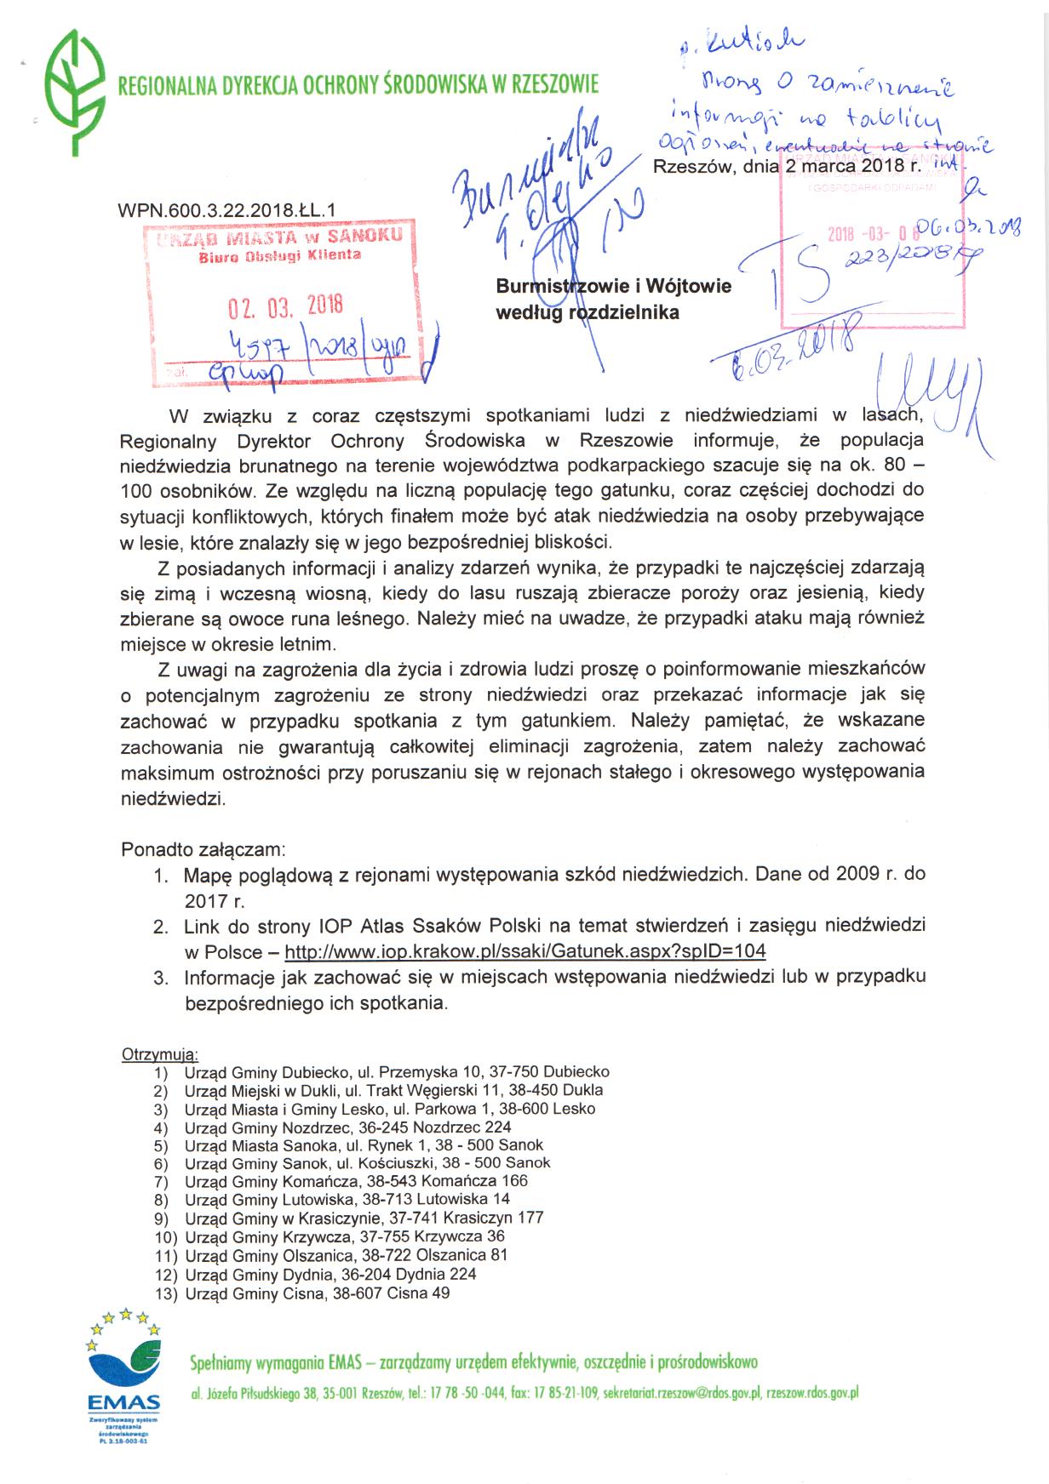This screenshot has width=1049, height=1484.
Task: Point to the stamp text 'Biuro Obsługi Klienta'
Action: click(x=279, y=255)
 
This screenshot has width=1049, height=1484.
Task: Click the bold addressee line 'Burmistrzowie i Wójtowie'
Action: click(x=613, y=286)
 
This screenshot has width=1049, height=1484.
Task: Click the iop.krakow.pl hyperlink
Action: click(x=524, y=951)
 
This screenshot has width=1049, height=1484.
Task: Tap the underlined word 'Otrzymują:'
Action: click(x=160, y=1055)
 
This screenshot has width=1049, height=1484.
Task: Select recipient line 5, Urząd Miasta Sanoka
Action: click(x=364, y=1145)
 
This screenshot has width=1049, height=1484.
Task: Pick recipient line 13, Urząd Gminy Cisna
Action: click(x=317, y=1294)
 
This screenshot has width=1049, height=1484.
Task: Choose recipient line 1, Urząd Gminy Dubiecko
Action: click(x=397, y=1072)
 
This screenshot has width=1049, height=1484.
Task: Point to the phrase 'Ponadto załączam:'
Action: click(x=203, y=849)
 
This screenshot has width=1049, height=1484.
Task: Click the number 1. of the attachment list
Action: click(x=161, y=875)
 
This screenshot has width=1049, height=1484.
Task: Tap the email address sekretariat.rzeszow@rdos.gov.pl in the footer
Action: click(x=681, y=1394)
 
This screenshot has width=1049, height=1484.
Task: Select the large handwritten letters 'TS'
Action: click(x=800, y=272)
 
